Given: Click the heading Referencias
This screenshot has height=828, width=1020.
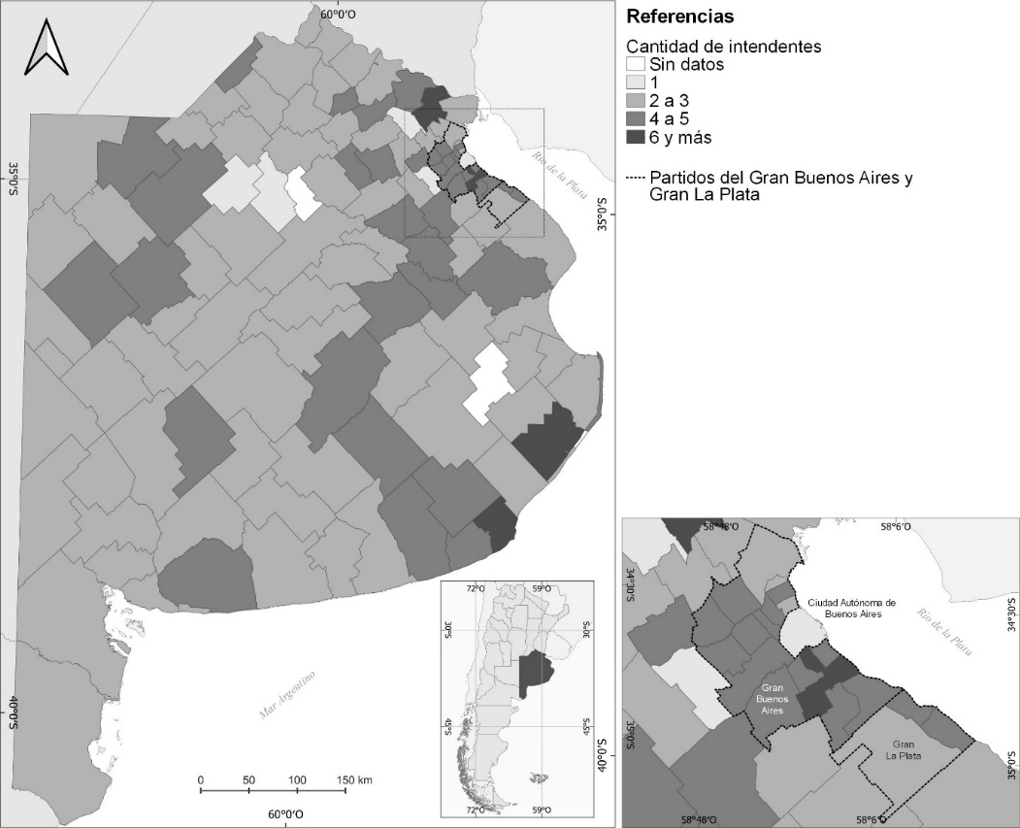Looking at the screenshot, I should pyautogui.click(x=680, y=17).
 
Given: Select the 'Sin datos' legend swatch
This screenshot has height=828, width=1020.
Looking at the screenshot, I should pyautogui.click(x=636, y=65).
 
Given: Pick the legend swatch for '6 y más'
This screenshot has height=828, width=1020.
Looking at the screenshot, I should pyautogui.click(x=636, y=137).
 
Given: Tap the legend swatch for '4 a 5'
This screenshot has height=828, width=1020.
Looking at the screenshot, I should pyautogui.click(x=636, y=119).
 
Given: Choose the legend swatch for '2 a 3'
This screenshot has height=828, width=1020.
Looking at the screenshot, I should pyautogui.click(x=636, y=101).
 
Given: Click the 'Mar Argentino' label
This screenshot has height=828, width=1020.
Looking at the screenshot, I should pyautogui.click(x=288, y=697).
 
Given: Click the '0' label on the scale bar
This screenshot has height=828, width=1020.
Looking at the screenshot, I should pyautogui.click(x=200, y=779).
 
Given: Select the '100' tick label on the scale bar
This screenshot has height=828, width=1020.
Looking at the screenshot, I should pyautogui.click(x=297, y=779).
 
